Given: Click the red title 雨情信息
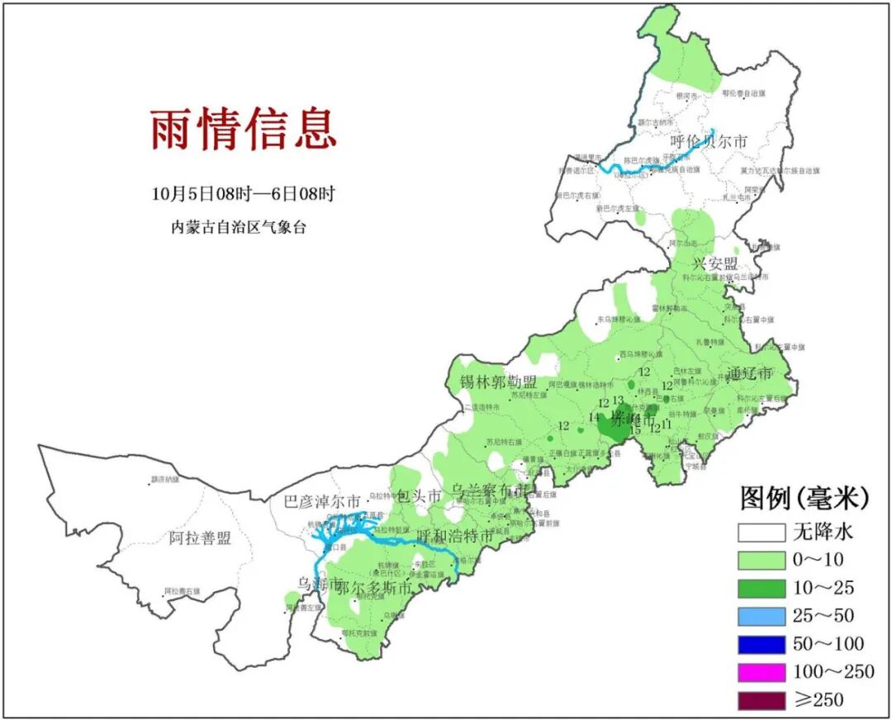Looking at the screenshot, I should (x=244, y=130).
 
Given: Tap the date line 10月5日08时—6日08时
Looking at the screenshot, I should (x=244, y=194).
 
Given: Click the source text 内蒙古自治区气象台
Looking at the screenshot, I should (x=239, y=227).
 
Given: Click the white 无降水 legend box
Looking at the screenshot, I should (x=761, y=532).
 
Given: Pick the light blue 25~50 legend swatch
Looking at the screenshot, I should (x=761, y=616).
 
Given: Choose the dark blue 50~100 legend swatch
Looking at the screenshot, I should (x=761, y=644).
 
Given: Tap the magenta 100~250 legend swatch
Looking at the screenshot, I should (x=761, y=672).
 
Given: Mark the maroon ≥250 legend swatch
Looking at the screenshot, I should (x=761, y=700).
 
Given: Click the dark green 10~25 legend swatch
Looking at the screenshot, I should (x=761, y=588).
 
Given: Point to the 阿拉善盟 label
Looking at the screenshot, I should (x=200, y=539).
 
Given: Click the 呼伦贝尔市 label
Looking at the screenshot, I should (x=709, y=142).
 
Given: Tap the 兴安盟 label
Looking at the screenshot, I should (x=714, y=264).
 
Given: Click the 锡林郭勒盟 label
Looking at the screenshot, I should (x=498, y=382).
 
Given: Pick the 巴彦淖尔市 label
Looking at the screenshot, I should (x=322, y=501).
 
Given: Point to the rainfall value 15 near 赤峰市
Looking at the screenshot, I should (x=635, y=430).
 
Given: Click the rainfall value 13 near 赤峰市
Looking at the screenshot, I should (x=618, y=400).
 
